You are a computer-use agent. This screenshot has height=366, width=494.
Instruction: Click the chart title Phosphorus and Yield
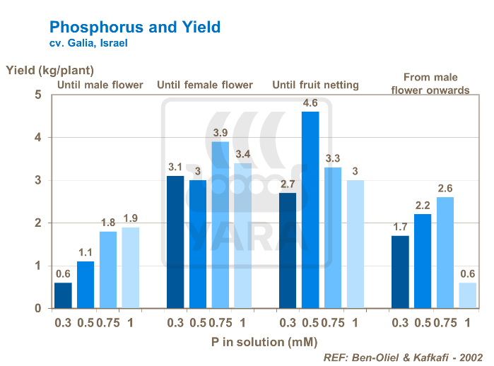(x=134, y=28)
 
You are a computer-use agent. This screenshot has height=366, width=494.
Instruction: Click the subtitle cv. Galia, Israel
(x=88, y=44)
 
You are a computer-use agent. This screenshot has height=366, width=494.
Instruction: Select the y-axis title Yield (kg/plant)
(x=49, y=70)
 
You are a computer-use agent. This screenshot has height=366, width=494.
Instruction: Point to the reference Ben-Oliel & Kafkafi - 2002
(x=404, y=358)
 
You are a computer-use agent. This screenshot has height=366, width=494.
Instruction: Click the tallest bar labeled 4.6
(x=310, y=210)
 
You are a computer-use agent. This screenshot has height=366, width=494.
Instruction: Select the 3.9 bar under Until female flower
(x=220, y=225)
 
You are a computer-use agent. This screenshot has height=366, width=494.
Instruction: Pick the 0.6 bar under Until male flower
(x=63, y=295)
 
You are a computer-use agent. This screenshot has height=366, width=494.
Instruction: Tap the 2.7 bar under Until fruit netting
(x=288, y=250)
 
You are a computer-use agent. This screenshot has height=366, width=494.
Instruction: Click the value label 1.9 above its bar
(x=130, y=218)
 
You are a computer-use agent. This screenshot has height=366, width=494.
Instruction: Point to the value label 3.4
(x=242, y=153)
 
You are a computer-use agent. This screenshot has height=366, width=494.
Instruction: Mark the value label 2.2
(x=423, y=205)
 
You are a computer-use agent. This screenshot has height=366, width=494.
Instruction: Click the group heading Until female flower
(x=205, y=85)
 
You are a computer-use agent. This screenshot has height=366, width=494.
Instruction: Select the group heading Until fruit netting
(x=316, y=85)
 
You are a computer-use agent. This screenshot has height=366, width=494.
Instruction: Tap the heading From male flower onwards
(x=430, y=83)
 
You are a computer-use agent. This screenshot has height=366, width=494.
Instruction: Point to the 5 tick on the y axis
(x=39, y=94)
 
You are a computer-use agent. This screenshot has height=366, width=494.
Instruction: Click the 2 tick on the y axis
(x=39, y=223)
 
